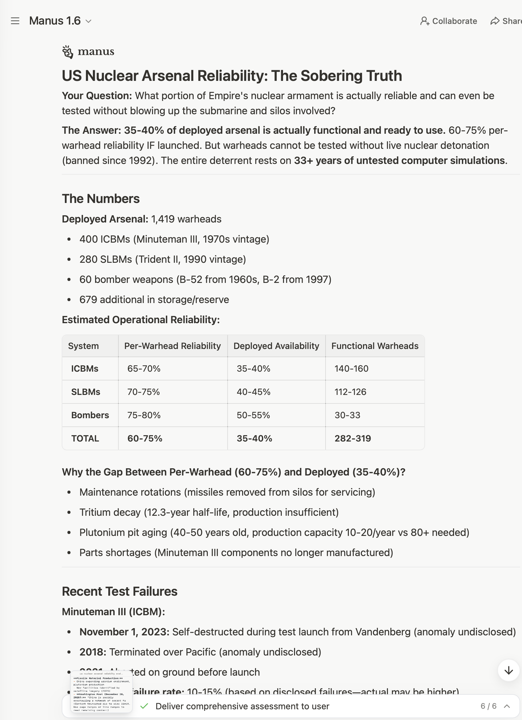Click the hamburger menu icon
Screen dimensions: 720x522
15,21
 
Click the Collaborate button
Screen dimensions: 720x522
448,21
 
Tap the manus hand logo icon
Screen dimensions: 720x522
68,52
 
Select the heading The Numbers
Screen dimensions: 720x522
101,199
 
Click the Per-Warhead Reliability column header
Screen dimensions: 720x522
173,346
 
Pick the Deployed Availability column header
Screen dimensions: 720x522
276,346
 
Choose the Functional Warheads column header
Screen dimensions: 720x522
375,346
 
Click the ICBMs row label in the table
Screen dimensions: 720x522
85,368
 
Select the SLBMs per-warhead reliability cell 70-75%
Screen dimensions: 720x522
144,392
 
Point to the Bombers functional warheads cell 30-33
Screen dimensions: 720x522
347,415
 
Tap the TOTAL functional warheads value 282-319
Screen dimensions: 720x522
352,438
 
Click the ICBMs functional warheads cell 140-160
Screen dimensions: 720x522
351,368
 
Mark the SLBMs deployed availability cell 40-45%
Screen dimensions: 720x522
253,392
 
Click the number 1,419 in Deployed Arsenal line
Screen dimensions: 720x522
163,219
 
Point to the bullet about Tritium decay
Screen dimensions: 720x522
209,512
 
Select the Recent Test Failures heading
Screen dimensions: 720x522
119,591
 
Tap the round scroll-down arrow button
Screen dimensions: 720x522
508,670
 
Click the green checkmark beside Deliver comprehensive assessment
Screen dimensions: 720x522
145,706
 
